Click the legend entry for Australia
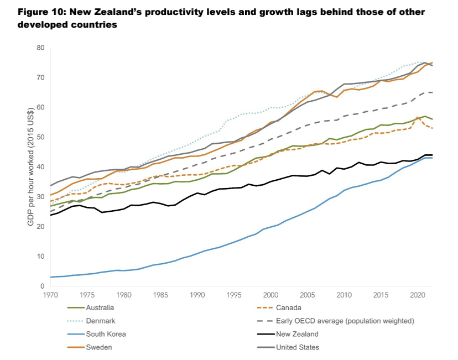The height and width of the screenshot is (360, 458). [100, 307]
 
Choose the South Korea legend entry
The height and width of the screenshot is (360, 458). [105, 334]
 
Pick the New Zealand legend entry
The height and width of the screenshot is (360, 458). [296, 334]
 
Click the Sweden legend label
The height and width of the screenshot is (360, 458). [97, 347]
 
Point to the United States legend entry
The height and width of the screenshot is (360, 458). [297, 347]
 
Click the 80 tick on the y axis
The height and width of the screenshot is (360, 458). [40, 48]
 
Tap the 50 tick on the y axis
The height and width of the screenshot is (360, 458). [40, 137]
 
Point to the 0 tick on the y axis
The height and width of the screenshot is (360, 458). [42, 286]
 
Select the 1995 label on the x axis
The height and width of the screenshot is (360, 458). [234, 295]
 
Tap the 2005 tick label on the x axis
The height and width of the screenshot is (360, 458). [308, 295]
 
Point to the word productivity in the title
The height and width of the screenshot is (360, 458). [174, 12]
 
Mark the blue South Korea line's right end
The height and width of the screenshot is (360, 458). [432, 158]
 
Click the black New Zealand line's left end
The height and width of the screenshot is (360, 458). [50, 215]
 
